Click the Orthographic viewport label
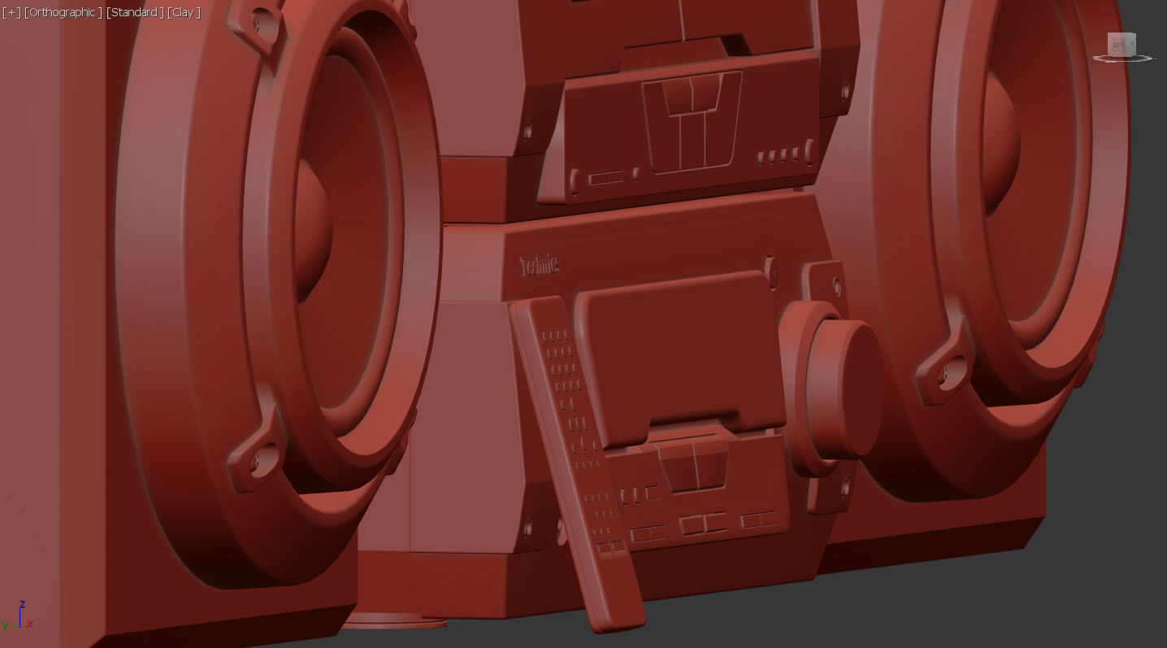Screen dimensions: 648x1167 click(63, 12)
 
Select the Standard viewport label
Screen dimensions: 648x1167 click(135, 12)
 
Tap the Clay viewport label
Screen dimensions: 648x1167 click(184, 12)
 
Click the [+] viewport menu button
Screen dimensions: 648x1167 click(11, 12)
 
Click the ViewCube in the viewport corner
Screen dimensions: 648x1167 click(1121, 46)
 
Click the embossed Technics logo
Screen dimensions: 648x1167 click(540, 265)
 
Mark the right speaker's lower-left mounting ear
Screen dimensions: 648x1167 click(943, 370)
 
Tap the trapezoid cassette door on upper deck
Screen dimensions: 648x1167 click(692, 122)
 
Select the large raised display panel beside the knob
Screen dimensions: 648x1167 click(679, 350)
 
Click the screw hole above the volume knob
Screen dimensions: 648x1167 click(836, 285)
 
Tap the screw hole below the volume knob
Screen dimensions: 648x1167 click(845, 488)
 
